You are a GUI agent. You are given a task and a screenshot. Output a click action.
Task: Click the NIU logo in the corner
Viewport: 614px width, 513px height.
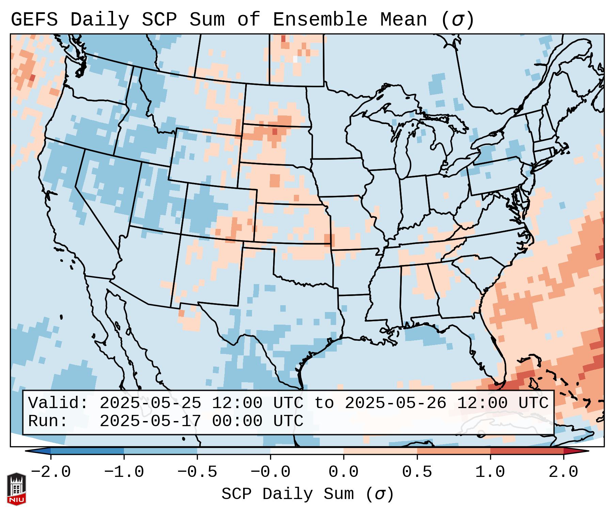tap(16, 489)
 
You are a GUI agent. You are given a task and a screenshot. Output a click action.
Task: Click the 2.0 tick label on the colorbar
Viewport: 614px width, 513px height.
tap(563, 472)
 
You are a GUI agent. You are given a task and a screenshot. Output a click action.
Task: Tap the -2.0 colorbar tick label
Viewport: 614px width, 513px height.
tap(51, 472)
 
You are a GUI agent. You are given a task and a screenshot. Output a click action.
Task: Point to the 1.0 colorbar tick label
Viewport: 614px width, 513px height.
tap(490, 472)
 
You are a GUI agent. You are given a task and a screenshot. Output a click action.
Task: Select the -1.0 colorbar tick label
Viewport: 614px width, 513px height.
tap(124, 472)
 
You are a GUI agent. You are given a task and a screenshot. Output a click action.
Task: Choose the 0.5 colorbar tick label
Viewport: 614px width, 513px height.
tap(417, 472)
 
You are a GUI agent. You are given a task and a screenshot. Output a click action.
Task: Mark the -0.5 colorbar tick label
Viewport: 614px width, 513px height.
tap(197, 472)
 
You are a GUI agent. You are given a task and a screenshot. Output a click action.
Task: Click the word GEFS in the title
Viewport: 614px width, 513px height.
tap(34, 20)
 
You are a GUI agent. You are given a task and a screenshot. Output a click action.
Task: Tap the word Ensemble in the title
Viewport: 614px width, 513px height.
tap(320, 20)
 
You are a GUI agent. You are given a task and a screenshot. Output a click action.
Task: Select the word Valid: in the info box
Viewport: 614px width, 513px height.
tap(58, 403)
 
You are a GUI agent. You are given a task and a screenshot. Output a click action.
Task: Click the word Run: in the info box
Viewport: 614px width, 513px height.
tap(48, 421)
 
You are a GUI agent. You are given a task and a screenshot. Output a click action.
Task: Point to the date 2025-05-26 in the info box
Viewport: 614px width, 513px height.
tap(395, 403)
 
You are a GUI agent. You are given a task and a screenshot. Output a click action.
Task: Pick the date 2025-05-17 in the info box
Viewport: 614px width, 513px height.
tap(150, 421)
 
